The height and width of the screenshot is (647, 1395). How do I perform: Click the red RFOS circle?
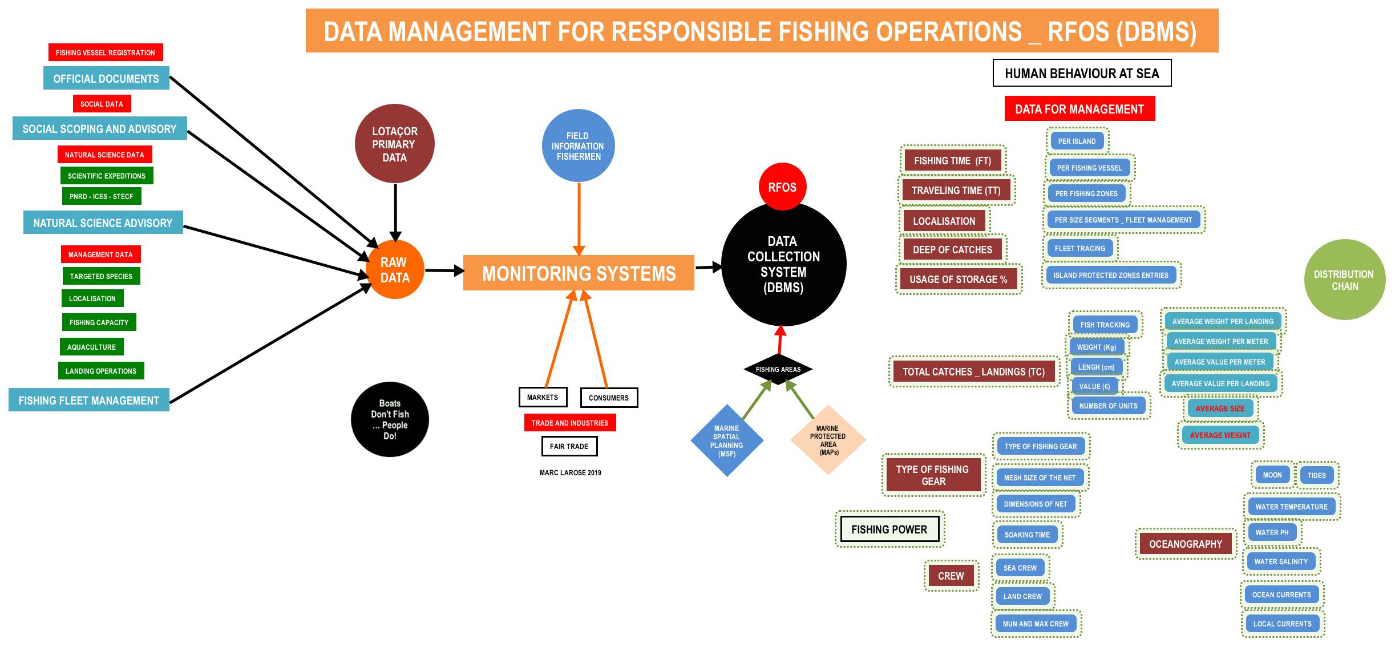(x=782, y=187)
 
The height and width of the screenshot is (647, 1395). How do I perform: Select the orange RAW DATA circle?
(x=395, y=270)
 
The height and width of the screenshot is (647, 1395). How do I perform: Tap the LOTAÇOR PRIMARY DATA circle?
(x=394, y=144)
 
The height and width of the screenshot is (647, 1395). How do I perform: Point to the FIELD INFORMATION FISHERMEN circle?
(x=578, y=146)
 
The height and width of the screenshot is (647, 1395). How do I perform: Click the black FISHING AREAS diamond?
(x=778, y=369)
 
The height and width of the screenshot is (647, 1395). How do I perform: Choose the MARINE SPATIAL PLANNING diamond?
(x=726, y=440)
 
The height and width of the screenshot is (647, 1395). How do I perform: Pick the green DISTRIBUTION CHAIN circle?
(x=1344, y=280)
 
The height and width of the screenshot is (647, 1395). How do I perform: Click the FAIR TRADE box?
(x=569, y=446)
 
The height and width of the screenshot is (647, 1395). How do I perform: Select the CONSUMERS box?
(x=609, y=398)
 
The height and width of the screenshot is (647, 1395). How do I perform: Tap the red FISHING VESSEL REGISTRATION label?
(x=106, y=52)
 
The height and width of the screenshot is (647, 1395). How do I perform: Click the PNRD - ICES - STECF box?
(x=102, y=196)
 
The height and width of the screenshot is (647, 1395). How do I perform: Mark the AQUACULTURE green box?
(x=91, y=347)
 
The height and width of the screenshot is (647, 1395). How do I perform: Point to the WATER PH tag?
(x=1272, y=532)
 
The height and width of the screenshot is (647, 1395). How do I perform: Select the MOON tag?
(x=1272, y=475)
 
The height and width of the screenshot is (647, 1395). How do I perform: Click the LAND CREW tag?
(x=1022, y=596)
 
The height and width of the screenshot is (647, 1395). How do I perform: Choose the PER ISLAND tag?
(x=1077, y=141)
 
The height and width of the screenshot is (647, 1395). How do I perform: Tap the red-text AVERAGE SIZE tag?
(x=1220, y=409)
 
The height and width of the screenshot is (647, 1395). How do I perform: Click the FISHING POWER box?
(x=889, y=529)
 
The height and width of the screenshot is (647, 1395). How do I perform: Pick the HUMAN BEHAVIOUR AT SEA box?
(x=1082, y=74)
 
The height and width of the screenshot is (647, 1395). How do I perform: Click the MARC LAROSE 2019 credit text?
(x=571, y=472)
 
